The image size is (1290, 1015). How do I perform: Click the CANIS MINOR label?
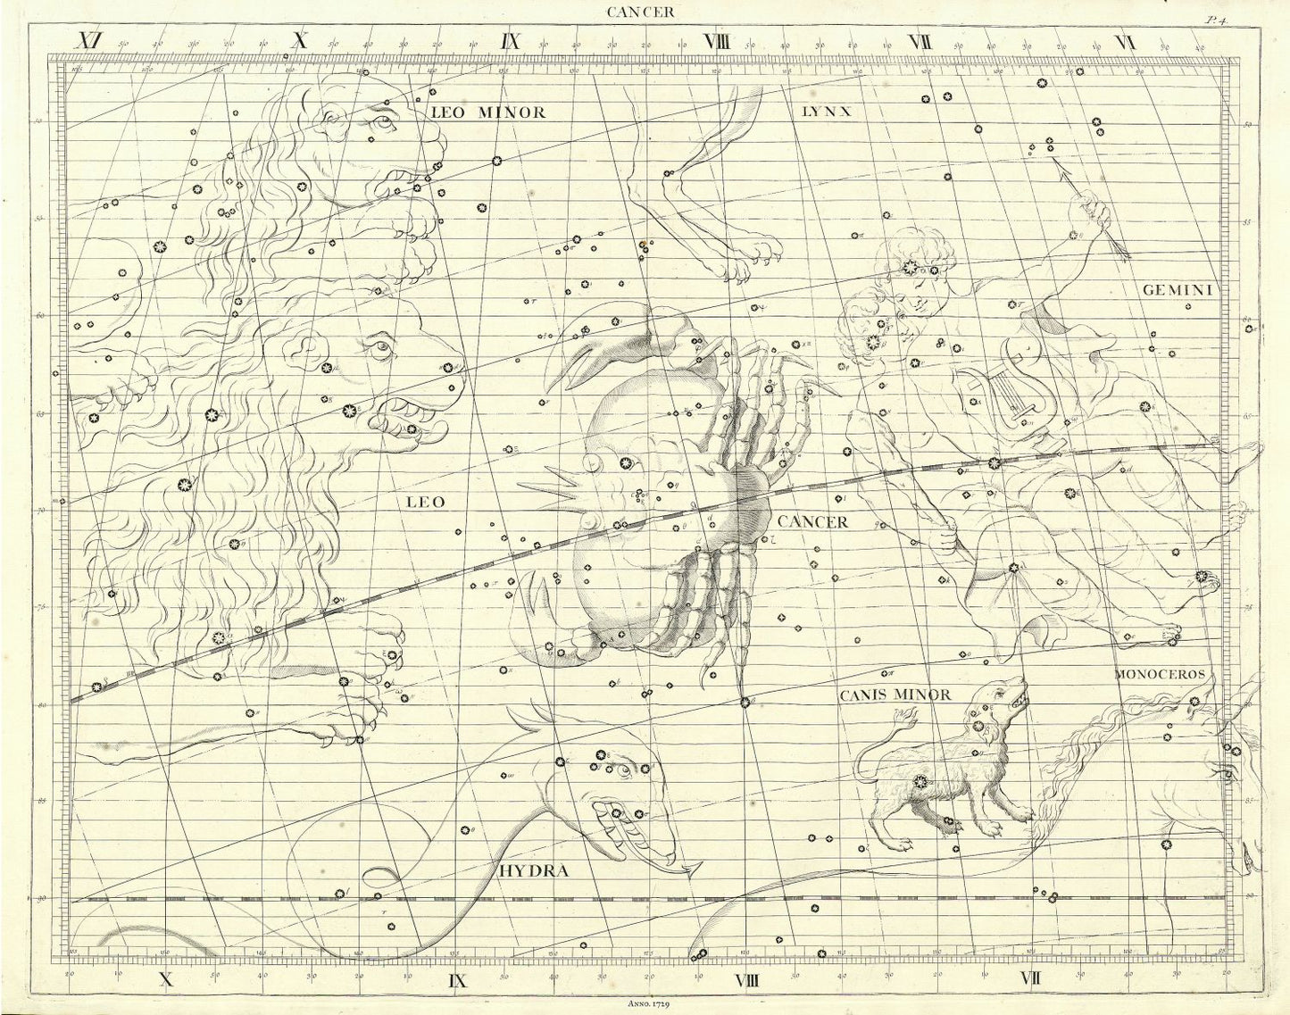[x=895, y=694]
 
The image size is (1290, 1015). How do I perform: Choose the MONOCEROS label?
[x=1161, y=675]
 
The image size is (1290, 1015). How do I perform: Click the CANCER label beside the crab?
[x=812, y=522]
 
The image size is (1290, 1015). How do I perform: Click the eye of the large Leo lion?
[x=382, y=346]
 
